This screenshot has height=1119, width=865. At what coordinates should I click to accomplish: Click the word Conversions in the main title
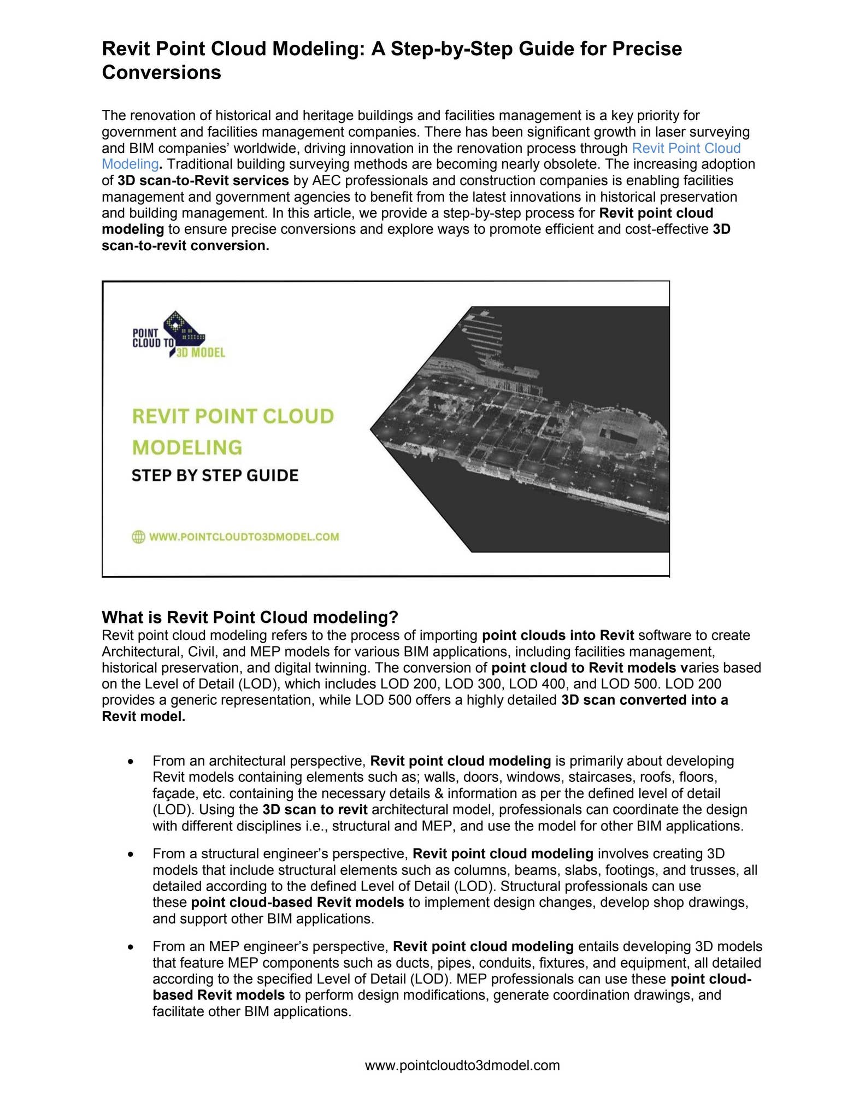click(x=161, y=73)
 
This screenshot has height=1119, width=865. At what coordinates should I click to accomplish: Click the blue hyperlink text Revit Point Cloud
click(x=686, y=148)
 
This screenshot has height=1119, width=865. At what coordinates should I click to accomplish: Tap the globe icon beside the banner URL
click(x=138, y=537)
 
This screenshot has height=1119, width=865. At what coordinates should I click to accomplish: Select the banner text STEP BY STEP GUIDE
click(x=215, y=475)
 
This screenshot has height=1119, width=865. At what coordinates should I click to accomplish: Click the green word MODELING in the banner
click(x=187, y=447)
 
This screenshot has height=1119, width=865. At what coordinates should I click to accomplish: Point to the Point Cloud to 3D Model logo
click(x=178, y=335)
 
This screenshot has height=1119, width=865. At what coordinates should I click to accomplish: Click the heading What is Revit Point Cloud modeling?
click(x=250, y=617)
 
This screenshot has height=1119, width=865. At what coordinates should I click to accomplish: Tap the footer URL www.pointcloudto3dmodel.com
click(x=462, y=1065)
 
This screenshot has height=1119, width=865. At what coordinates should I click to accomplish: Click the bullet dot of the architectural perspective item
click(x=130, y=762)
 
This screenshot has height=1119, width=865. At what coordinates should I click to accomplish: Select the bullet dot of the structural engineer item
click(x=130, y=854)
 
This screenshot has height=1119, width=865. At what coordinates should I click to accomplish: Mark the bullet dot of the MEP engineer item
click(x=130, y=947)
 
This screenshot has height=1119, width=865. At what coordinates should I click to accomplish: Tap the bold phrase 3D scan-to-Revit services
click(x=203, y=181)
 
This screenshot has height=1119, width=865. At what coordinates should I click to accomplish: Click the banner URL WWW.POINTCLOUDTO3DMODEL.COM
click(x=244, y=537)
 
